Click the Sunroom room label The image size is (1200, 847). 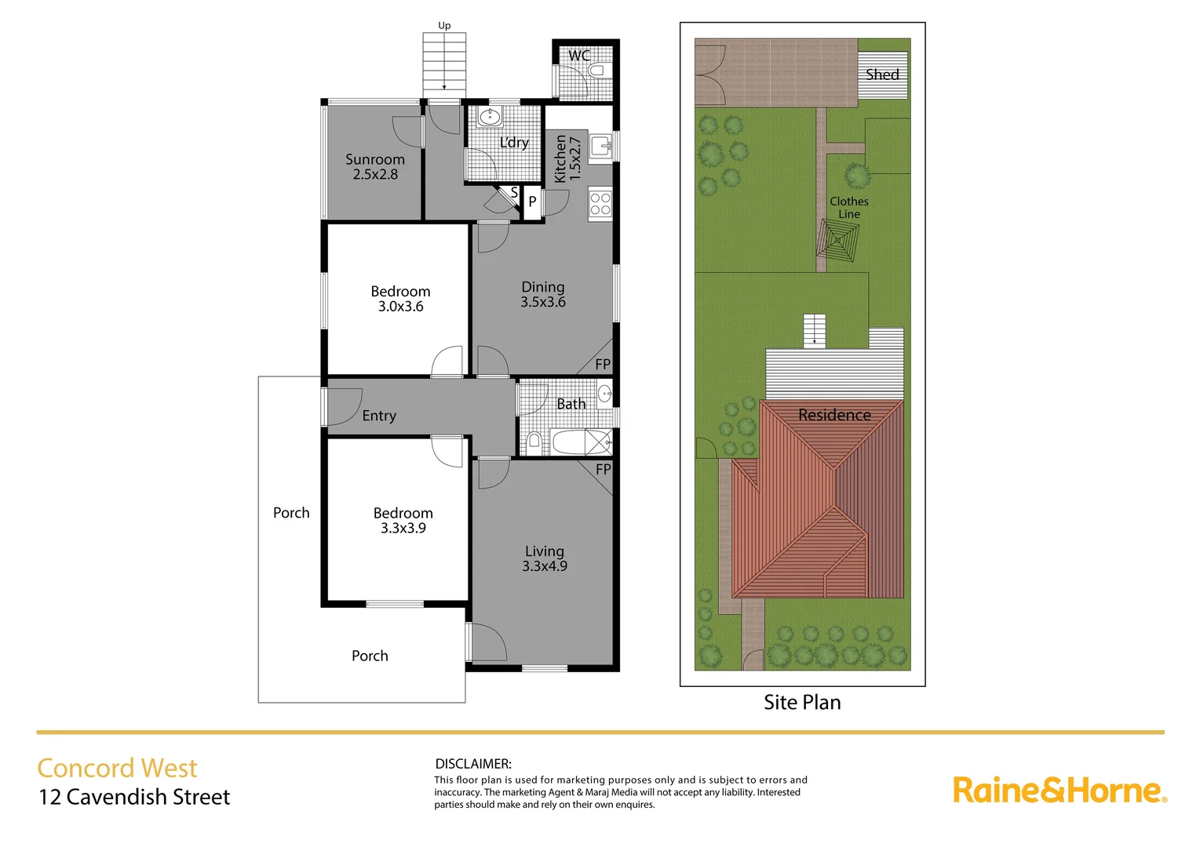tap(375, 159)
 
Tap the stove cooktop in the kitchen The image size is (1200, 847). tap(600, 204)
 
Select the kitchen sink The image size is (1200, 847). tap(601, 145)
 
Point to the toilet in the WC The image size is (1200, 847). tap(596, 71)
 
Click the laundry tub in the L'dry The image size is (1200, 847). tap(490, 118)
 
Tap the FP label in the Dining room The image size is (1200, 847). tap(602, 364)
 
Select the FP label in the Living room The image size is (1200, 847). tap(603, 469)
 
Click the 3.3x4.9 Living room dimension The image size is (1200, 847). tap(545, 566)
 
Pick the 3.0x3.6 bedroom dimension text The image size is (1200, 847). tap(400, 307)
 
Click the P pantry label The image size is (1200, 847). tap(532, 202)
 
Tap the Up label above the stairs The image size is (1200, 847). tap(444, 26)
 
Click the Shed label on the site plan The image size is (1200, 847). tap(882, 75)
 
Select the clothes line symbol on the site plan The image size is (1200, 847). tap(838, 240)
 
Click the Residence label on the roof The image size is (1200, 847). tap(834, 415)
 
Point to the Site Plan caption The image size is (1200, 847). tap(802, 702)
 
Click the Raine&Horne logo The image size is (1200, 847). tap(1060, 790)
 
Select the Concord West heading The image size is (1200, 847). tap(117, 768)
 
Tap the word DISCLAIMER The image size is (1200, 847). tap(473, 763)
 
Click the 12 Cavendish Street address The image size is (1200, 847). tap(134, 797)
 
